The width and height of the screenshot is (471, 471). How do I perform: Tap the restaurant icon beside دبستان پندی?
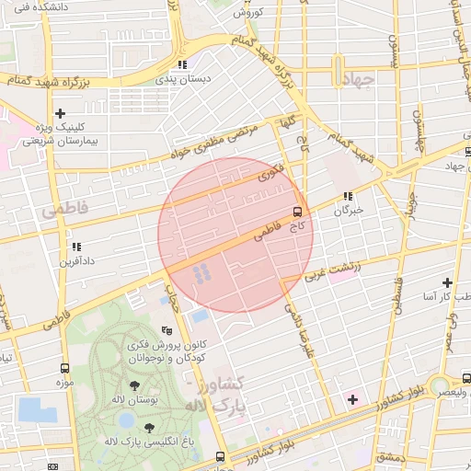(x=182, y=64)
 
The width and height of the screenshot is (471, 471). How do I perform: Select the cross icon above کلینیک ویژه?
(x=60, y=113)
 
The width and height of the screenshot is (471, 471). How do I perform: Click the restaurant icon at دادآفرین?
(x=75, y=247)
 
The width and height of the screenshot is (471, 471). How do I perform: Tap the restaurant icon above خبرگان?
(x=348, y=196)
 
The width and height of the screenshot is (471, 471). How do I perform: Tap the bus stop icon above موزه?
(x=64, y=367)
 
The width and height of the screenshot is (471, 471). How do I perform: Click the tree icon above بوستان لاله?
(x=135, y=385)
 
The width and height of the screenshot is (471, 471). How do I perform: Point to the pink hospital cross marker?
(x=352, y=399)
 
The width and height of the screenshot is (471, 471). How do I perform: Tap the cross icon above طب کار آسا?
(x=447, y=282)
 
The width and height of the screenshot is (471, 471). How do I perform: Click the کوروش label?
(x=249, y=12)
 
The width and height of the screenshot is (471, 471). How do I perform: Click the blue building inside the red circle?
(x=199, y=271)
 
